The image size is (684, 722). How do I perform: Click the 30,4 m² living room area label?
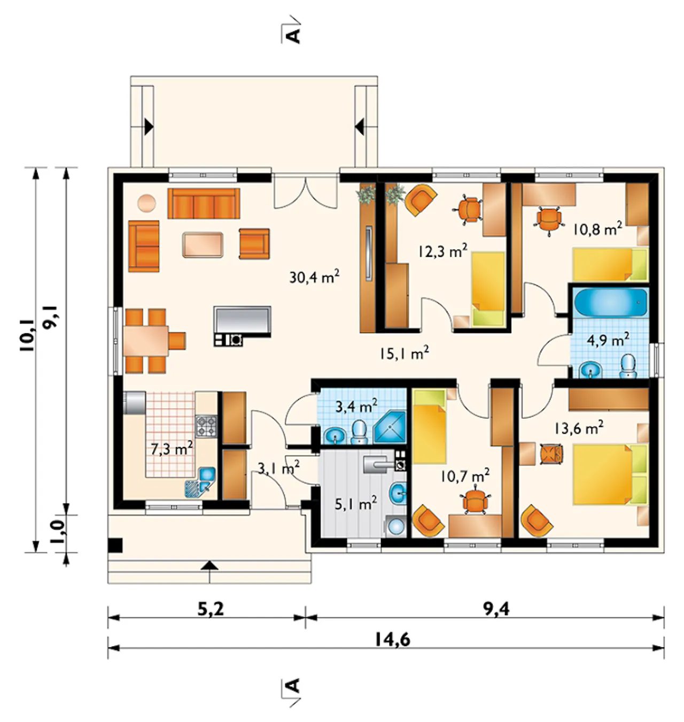pyautogui.click(x=314, y=277)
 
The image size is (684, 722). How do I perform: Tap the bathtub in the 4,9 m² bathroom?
pyautogui.click(x=610, y=302)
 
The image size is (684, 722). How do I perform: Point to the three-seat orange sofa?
pyautogui.click(x=204, y=203)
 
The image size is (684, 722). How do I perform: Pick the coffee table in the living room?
pyautogui.click(x=203, y=244)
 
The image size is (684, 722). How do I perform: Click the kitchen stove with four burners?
pyautogui.click(x=206, y=426)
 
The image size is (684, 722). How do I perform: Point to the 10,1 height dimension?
pyautogui.click(x=27, y=335)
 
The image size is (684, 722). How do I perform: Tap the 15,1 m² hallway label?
pyautogui.click(x=405, y=354)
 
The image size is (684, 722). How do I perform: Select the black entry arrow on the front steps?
pyautogui.click(x=209, y=566)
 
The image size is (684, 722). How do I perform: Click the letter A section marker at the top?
pyautogui.click(x=293, y=36)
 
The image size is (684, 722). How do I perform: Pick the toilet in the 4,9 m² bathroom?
pyautogui.click(x=628, y=366)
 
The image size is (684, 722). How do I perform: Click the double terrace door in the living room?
pyautogui.click(x=305, y=192)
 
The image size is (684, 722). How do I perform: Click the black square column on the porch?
pyautogui.click(x=115, y=545)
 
